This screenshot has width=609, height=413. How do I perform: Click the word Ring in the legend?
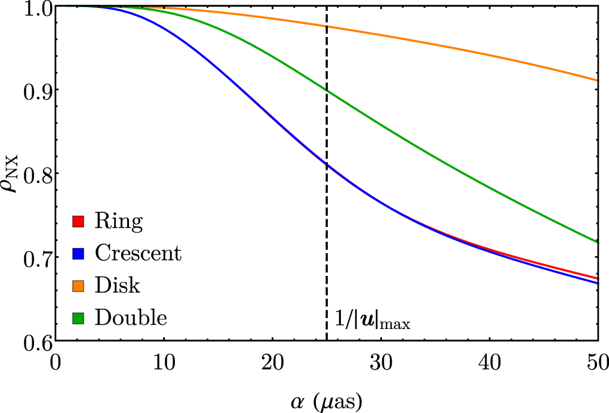click(x=119, y=222)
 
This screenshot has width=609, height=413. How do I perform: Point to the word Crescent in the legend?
click(x=138, y=254)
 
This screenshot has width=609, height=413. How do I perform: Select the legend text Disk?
click(x=117, y=286)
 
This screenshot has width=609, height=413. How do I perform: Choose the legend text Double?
click(x=130, y=318)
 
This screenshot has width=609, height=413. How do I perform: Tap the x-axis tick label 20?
click(x=272, y=361)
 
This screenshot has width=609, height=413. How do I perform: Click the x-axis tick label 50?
click(x=598, y=361)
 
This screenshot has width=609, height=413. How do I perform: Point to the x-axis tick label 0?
click(x=56, y=361)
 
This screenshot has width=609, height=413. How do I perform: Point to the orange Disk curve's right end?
click(x=597, y=80)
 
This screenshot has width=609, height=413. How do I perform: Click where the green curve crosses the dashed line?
click(x=327, y=89)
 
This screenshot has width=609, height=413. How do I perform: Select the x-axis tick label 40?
click(x=489, y=361)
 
